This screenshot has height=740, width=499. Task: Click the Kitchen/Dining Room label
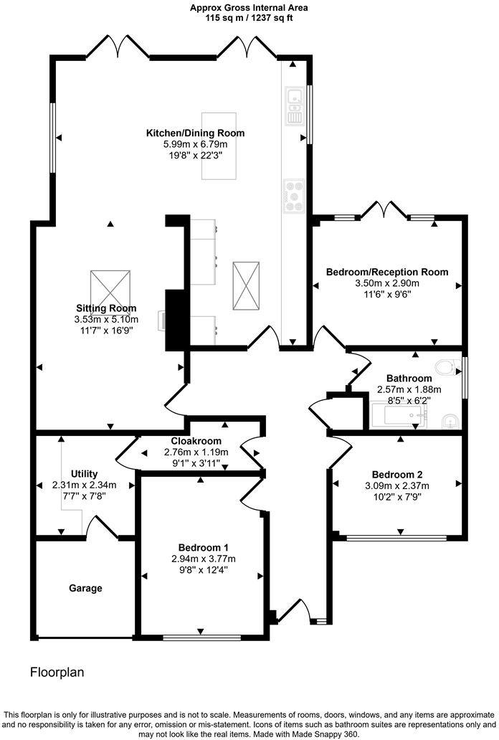(x=195, y=133)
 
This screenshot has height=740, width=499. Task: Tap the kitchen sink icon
(x=294, y=105)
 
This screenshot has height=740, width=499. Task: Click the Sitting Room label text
(x=107, y=308)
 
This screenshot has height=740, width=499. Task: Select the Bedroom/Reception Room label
(x=387, y=272)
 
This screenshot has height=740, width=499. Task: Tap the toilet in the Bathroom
(x=447, y=366)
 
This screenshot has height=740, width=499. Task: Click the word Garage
(x=85, y=588)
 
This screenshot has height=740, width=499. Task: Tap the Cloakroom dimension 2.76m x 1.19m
(x=196, y=452)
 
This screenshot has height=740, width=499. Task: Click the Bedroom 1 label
(x=203, y=547)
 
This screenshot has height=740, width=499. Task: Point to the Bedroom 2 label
(x=397, y=474)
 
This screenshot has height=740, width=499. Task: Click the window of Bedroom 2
(x=396, y=537)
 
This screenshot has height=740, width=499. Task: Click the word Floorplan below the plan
(x=57, y=673)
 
